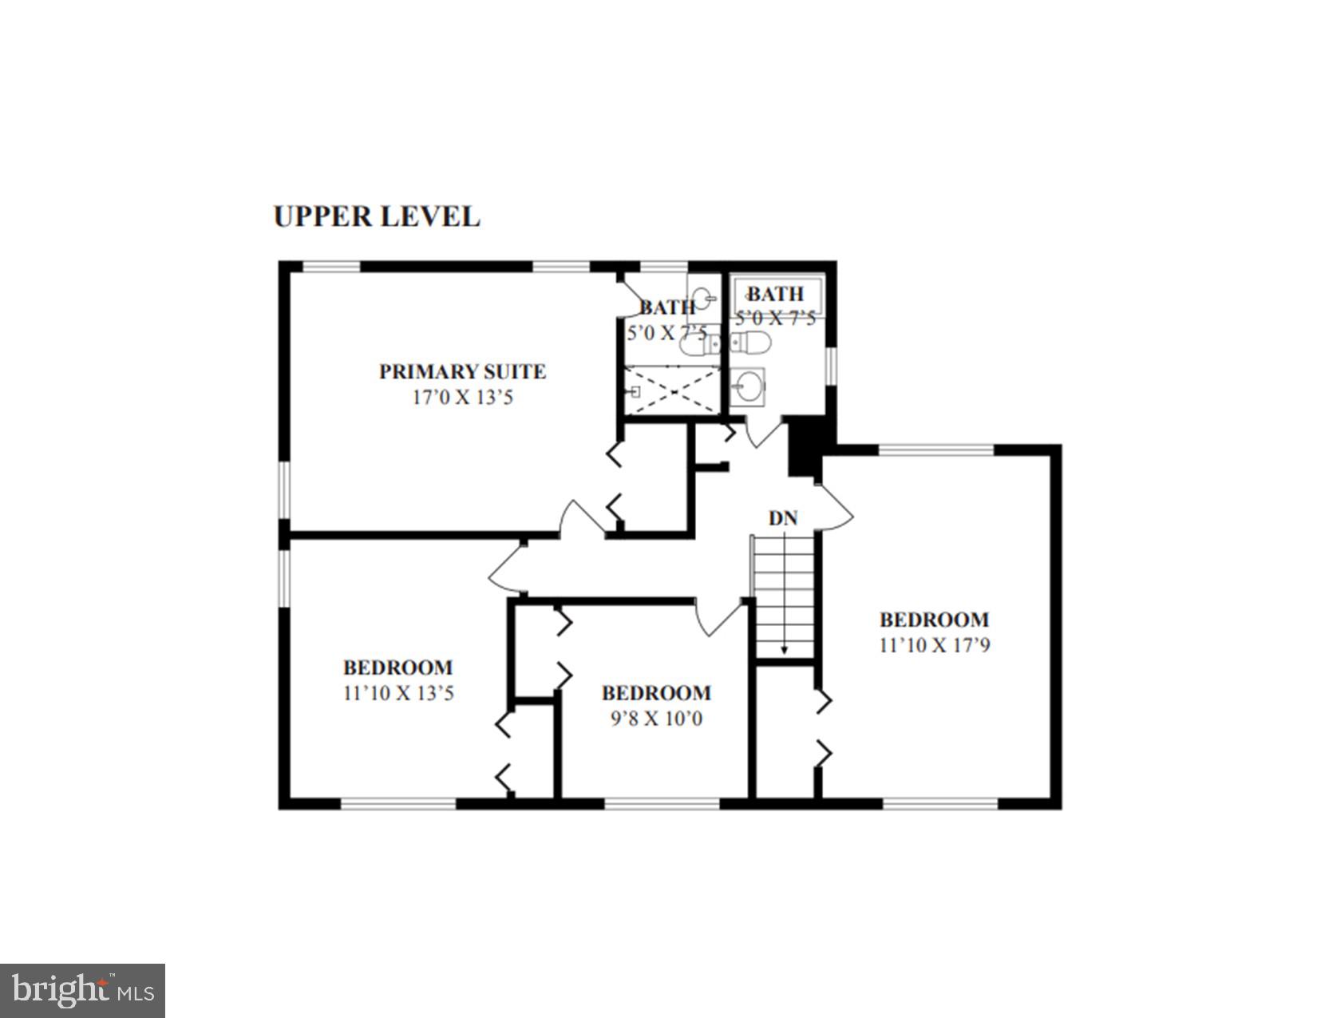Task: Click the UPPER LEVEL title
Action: tap(377, 216)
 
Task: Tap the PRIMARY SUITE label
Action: tap(462, 371)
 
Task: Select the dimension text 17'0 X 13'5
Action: tap(462, 397)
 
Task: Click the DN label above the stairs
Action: tap(783, 518)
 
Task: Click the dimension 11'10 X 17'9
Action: tap(934, 645)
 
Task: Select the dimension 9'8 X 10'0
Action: tap(656, 719)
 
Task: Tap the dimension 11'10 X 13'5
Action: tap(398, 693)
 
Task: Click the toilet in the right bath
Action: tap(751, 343)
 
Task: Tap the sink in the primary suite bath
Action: tap(702, 299)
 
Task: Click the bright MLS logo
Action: tap(83, 991)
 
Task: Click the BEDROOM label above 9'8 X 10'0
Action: tap(656, 693)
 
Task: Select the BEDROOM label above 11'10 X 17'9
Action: tap(934, 620)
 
